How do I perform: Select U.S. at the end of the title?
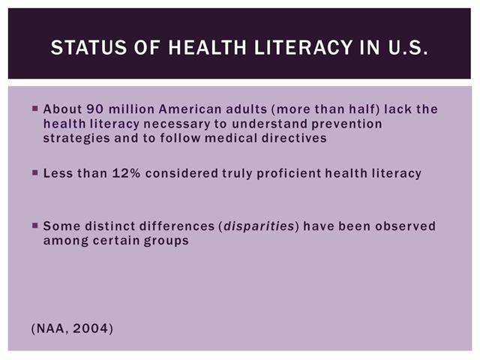(408, 47)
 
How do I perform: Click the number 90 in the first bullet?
(95, 109)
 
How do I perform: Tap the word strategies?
(76, 138)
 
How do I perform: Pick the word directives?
(294, 138)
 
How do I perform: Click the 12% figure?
(127, 173)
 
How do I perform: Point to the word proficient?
(289, 174)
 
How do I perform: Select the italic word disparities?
(259, 226)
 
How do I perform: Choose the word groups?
(166, 241)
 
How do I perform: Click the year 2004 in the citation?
(91, 328)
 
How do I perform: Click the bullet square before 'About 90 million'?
(35, 108)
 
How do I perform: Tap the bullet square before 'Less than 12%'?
(35, 173)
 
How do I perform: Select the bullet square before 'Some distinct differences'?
(35, 226)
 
